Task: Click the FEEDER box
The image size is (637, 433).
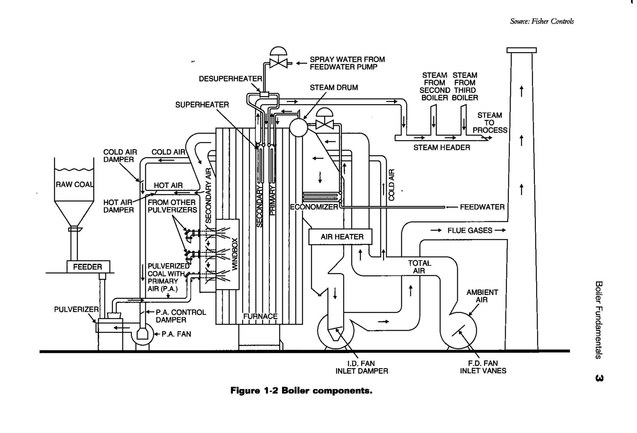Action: tap(88, 267)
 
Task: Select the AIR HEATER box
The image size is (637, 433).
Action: tap(340, 237)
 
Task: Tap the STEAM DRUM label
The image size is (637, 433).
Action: tap(333, 88)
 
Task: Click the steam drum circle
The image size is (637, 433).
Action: tap(298, 127)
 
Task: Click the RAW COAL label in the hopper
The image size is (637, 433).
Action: tap(74, 184)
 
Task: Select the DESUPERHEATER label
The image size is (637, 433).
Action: tap(230, 79)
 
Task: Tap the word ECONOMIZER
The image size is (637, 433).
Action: tap(314, 207)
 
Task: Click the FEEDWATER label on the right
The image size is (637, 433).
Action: tap(482, 207)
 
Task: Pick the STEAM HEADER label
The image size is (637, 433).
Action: tap(441, 148)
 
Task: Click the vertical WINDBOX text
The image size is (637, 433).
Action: tap(235, 254)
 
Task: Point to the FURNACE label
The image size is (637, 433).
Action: tap(260, 316)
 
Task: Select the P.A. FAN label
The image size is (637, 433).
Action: tap(176, 334)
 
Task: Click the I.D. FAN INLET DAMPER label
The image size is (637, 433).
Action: tap(361, 367)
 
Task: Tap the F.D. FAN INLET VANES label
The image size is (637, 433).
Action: tap(483, 367)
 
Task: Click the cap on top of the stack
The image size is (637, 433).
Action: tap(521, 50)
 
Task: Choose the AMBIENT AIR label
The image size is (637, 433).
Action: tap(482, 296)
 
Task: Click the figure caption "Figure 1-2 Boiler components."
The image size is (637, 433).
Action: tap(301, 390)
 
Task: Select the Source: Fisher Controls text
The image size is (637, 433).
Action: tap(542, 21)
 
